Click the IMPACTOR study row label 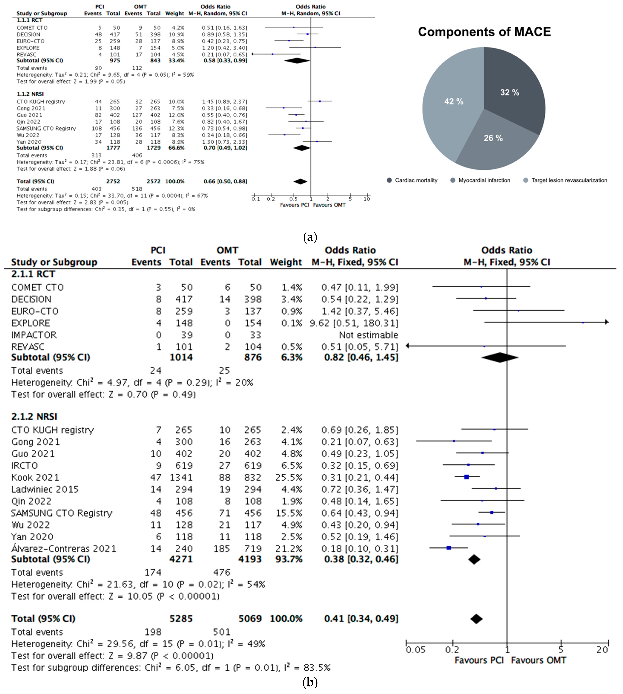(x=34, y=335)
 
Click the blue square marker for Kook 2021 (x=466, y=477)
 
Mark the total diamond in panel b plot (x=476, y=619)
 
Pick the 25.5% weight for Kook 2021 (x=289, y=477)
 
